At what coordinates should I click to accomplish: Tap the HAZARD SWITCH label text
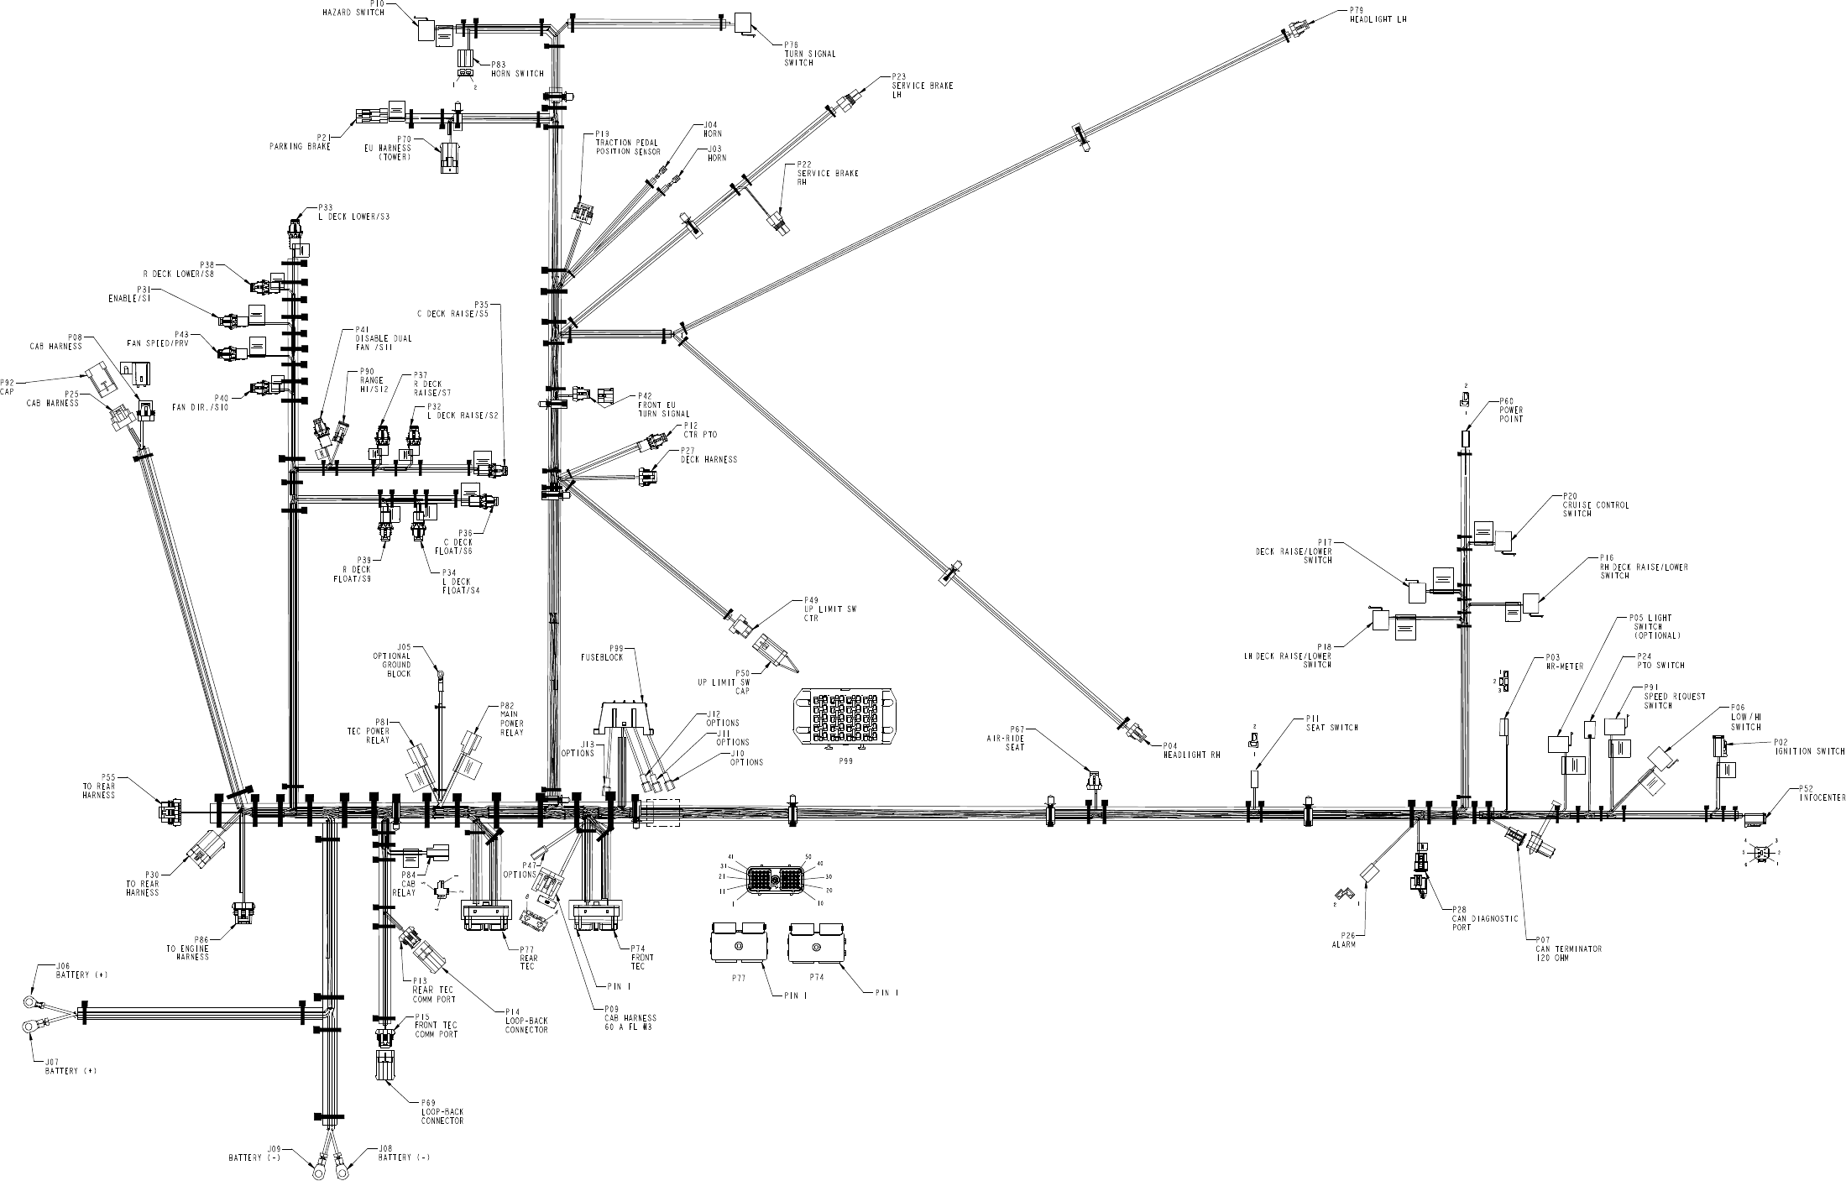pos(353,13)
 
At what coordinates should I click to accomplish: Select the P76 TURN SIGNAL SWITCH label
pos(809,54)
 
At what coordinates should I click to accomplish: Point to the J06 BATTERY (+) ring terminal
pos(31,1002)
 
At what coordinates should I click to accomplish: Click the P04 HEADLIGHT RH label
pos(1190,750)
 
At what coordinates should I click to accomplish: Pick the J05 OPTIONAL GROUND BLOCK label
pos(392,661)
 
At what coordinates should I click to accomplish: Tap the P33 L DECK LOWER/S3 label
pos(353,212)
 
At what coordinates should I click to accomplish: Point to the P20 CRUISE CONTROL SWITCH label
pos(1583,505)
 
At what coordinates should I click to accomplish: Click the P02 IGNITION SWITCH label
pos(1809,746)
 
